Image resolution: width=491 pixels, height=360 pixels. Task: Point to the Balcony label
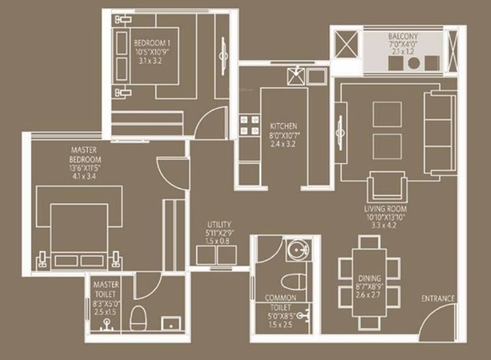coord(408,37)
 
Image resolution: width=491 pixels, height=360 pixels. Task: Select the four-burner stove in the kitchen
coord(249,126)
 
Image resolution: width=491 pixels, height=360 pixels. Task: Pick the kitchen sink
coord(296,76)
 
